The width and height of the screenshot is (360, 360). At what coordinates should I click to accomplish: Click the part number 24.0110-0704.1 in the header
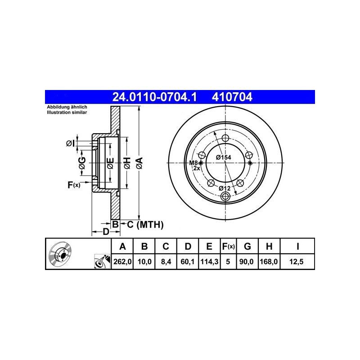pos(154,97)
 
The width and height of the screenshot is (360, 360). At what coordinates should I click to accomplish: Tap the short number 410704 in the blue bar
pos(232,97)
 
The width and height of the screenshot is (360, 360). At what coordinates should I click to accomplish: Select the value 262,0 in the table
pos(122,261)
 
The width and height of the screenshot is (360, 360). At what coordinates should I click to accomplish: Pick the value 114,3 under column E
pos(209,261)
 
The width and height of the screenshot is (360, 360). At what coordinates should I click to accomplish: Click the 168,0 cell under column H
pos(269,261)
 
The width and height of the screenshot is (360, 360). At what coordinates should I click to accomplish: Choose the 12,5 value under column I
pos(297,261)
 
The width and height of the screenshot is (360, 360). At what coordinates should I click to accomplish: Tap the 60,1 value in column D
pos(188,261)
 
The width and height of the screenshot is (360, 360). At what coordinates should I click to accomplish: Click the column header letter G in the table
pos(247,246)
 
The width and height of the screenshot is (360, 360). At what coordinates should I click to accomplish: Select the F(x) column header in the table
pos(228,246)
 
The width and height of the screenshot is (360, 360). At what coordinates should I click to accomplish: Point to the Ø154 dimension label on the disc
pos(223,157)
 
